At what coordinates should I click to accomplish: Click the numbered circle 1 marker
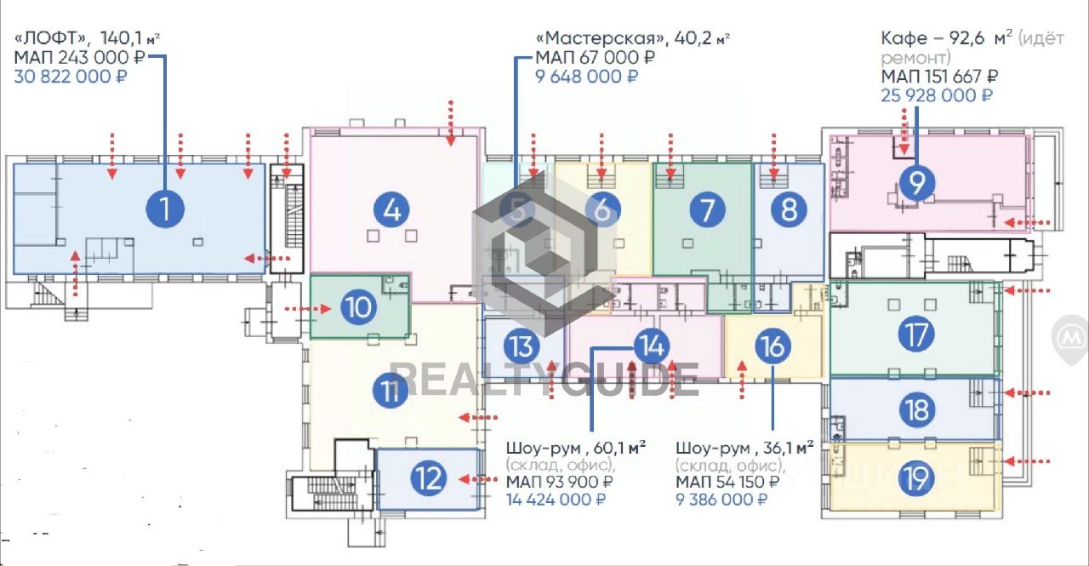coord(165,208)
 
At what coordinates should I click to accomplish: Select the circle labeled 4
coord(391,209)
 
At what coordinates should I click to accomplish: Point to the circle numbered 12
coord(428,479)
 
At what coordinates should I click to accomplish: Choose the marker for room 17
coord(916,334)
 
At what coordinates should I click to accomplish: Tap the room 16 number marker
coord(772,346)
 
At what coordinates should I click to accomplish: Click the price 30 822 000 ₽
coord(71,77)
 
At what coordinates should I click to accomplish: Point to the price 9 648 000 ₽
coord(586,77)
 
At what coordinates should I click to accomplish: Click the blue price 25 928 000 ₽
coord(936,94)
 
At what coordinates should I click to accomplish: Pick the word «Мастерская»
coord(599,38)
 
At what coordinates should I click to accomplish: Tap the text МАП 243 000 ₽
coord(80,57)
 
